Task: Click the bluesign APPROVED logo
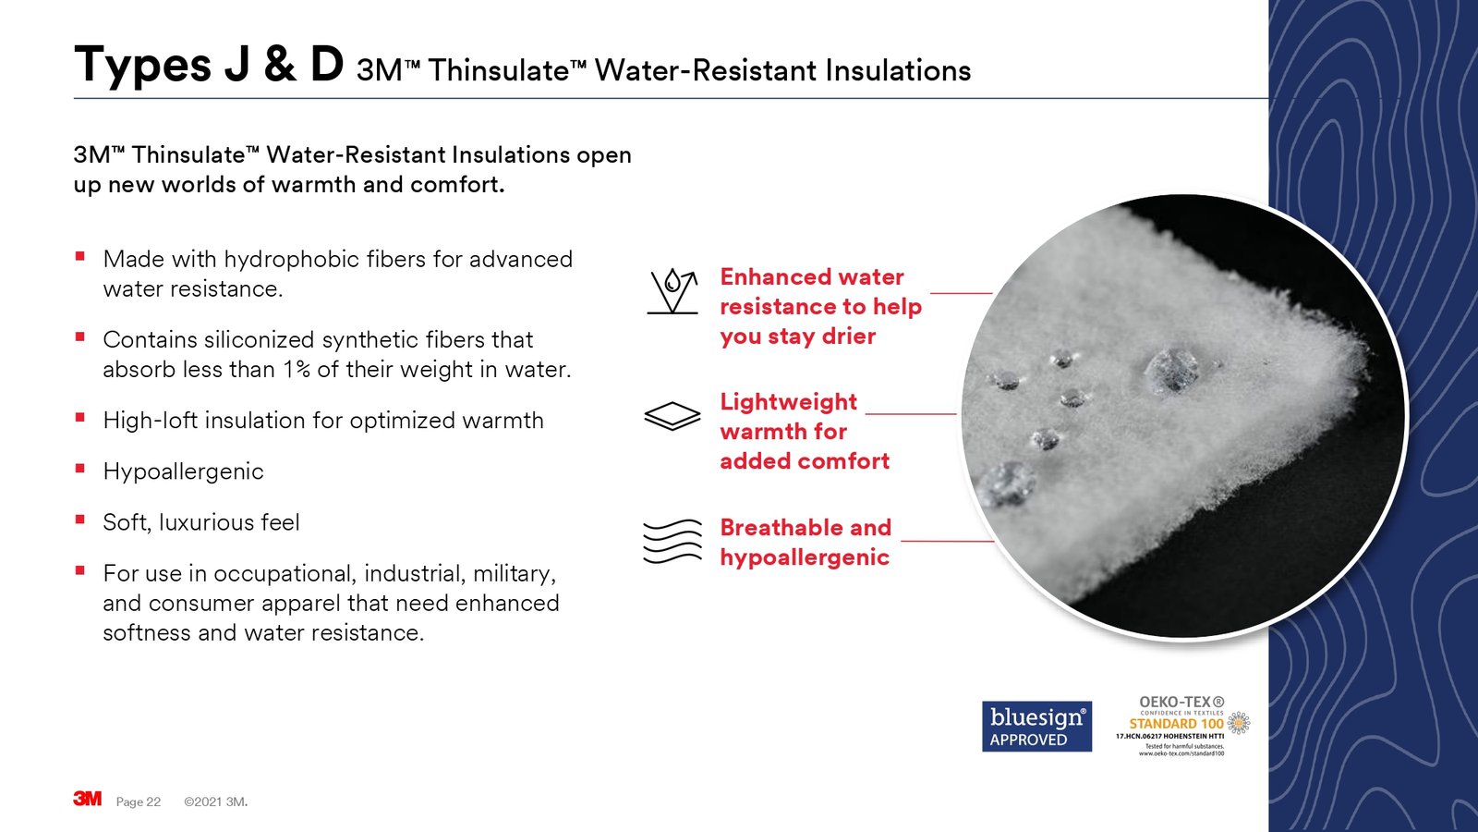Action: [1036, 727]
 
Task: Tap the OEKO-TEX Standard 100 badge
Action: [1181, 727]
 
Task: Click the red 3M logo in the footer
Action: [88, 799]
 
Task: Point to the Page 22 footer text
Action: [139, 801]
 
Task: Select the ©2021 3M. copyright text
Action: [215, 801]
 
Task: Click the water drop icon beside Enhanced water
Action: [672, 291]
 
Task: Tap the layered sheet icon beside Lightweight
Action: [672, 416]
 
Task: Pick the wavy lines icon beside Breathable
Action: [672, 541]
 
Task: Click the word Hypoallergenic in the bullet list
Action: [183, 471]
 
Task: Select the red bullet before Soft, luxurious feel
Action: [80, 520]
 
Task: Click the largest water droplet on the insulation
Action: [1171, 369]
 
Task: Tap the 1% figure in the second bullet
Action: [297, 370]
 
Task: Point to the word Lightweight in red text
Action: [788, 402]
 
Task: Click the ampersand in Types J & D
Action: [280, 66]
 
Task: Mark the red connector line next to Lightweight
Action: [910, 413]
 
